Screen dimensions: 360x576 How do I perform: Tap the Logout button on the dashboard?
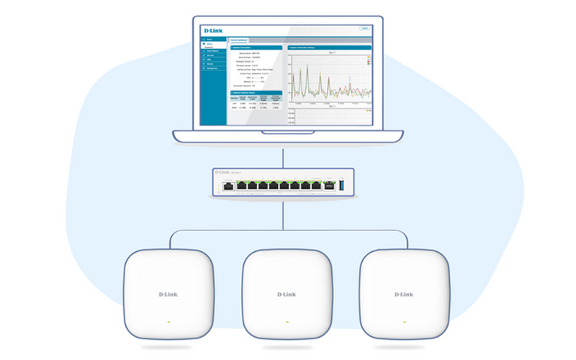pos(364,28)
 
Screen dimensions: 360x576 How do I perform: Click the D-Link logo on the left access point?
pos(169,294)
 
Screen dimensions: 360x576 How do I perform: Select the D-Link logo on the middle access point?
pos(287,294)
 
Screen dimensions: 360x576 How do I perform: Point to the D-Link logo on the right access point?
pos(404,294)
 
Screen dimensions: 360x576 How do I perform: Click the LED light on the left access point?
pos(169,321)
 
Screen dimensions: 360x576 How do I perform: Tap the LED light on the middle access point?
pos(287,321)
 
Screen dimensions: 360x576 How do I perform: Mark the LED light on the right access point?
pos(404,321)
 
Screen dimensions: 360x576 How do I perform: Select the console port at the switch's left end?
pos(228,186)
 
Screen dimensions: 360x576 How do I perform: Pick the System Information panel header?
pos(256,48)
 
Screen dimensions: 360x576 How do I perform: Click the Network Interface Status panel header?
pos(256,93)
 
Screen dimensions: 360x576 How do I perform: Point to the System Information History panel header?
pos(329,48)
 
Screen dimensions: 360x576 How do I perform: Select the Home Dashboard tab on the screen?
pos(239,40)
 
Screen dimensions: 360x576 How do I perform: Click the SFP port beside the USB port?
pos(330,186)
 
